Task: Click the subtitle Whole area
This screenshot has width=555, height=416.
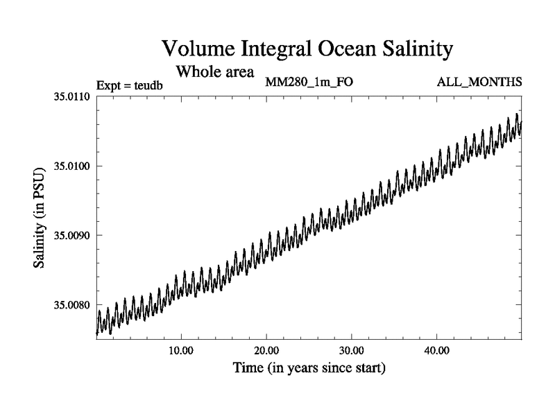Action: (214, 71)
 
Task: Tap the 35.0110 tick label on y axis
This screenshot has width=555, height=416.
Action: (72, 96)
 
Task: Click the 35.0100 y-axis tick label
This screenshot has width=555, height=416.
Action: (72, 166)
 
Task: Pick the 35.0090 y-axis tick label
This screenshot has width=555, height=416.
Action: (72, 235)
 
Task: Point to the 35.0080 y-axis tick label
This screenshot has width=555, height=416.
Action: (72, 305)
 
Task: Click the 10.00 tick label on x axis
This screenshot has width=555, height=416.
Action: (181, 352)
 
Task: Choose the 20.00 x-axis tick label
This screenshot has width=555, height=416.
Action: (266, 352)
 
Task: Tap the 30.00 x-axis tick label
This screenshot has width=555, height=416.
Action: (352, 352)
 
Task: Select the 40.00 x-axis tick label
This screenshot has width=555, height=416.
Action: (437, 352)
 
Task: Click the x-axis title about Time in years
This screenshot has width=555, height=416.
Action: (309, 368)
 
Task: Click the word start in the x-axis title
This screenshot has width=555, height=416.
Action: (369, 368)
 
